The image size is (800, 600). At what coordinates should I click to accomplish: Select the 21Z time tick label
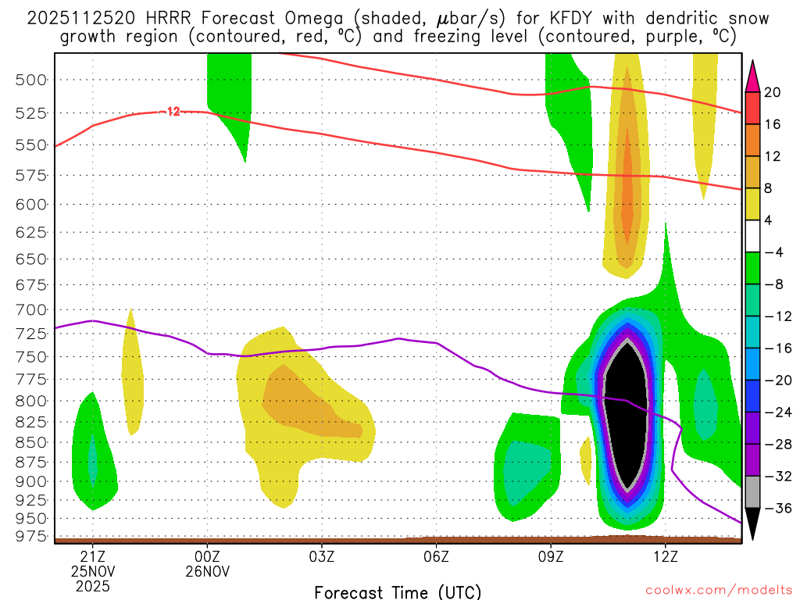tap(93, 556)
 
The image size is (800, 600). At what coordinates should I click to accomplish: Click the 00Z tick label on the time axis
tap(207, 556)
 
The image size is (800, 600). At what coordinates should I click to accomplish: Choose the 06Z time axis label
tap(436, 556)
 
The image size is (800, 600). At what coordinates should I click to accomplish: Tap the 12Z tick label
tap(665, 556)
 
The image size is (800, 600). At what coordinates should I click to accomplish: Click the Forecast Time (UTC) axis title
tap(398, 591)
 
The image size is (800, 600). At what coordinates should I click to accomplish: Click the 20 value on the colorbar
tap(772, 92)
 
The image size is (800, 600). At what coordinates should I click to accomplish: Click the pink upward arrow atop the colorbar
tap(752, 75)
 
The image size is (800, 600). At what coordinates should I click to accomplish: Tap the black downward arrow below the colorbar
tap(752, 523)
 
